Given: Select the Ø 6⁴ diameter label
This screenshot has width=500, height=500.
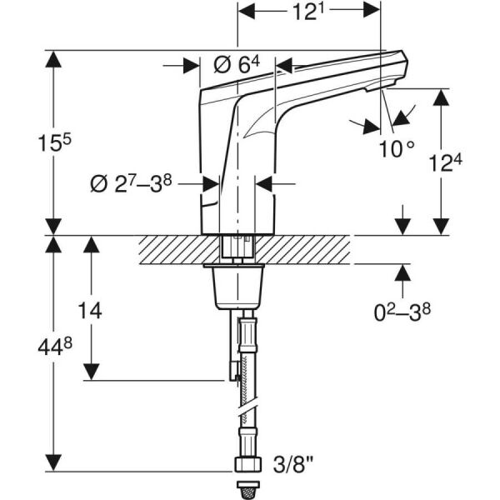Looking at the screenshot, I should click(237, 65).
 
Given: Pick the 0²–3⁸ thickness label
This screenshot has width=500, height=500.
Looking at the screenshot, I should click(403, 313).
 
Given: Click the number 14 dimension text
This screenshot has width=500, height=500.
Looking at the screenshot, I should click(90, 311).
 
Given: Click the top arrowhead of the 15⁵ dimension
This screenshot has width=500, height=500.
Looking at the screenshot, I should click(54, 58).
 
